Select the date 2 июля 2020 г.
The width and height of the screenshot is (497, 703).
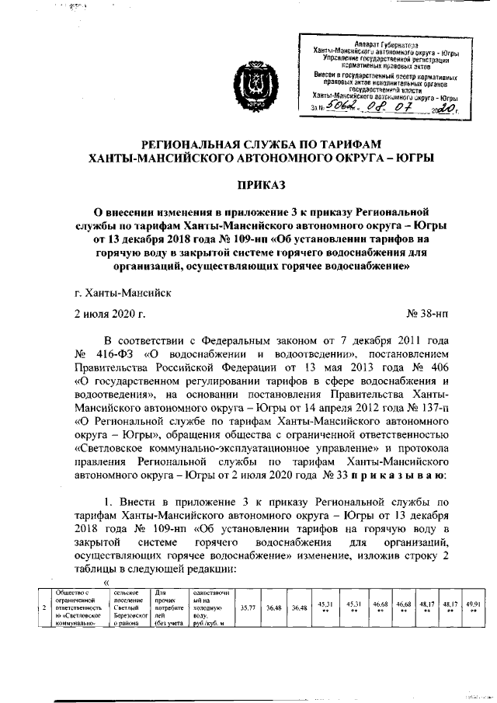coord(109,314)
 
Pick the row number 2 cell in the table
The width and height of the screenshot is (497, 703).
coord(45,607)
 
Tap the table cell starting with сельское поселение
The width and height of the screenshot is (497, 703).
coord(128,607)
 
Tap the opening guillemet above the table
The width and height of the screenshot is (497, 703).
coord(106,584)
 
